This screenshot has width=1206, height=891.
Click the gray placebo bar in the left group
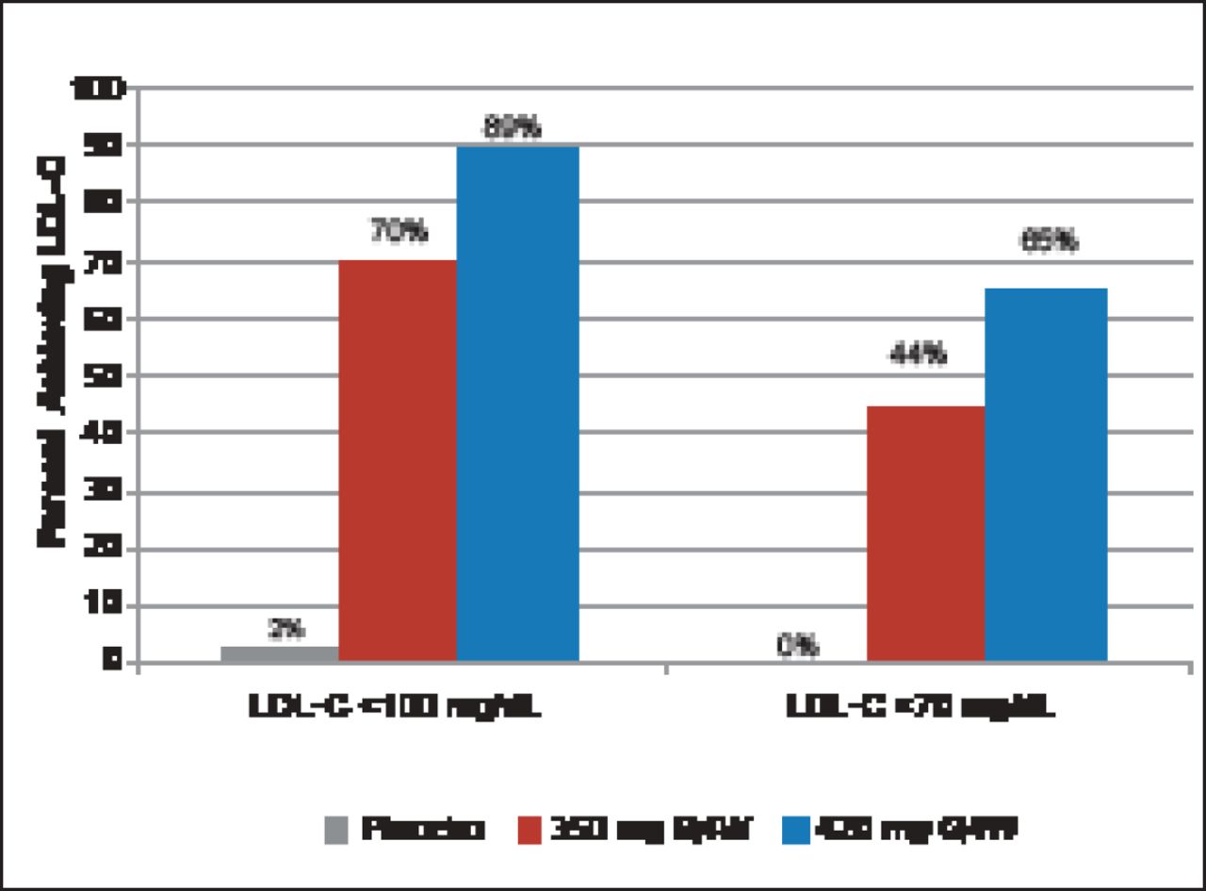[279, 653]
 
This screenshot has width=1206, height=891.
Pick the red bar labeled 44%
[925, 534]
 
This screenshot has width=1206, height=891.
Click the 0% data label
[797, 647]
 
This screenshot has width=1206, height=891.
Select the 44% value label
[918, 355]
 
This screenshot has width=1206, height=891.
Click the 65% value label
[1049, 241]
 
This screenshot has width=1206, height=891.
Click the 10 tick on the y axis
[109, 605]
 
